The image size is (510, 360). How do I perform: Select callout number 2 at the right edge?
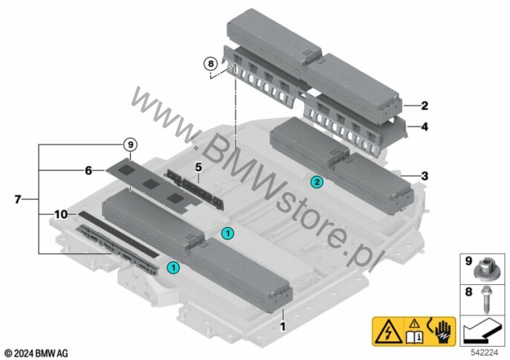tap(423, 106)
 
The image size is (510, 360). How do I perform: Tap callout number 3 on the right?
tap(424, 176)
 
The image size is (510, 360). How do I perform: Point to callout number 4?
tap(424, 127)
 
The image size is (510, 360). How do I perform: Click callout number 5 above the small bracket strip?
tap(198, 166)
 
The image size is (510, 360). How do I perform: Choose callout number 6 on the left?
tap(88, 170)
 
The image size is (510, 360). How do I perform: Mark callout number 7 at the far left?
tap(18, 199)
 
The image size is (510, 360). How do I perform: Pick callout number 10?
tap(60, 214)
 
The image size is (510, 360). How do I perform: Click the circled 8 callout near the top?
tap(210, 65)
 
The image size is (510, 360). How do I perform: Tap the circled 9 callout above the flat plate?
tap(130, 144)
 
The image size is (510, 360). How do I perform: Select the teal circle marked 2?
tap(317, 181)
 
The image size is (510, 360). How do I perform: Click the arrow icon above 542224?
tap(482, 328)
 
